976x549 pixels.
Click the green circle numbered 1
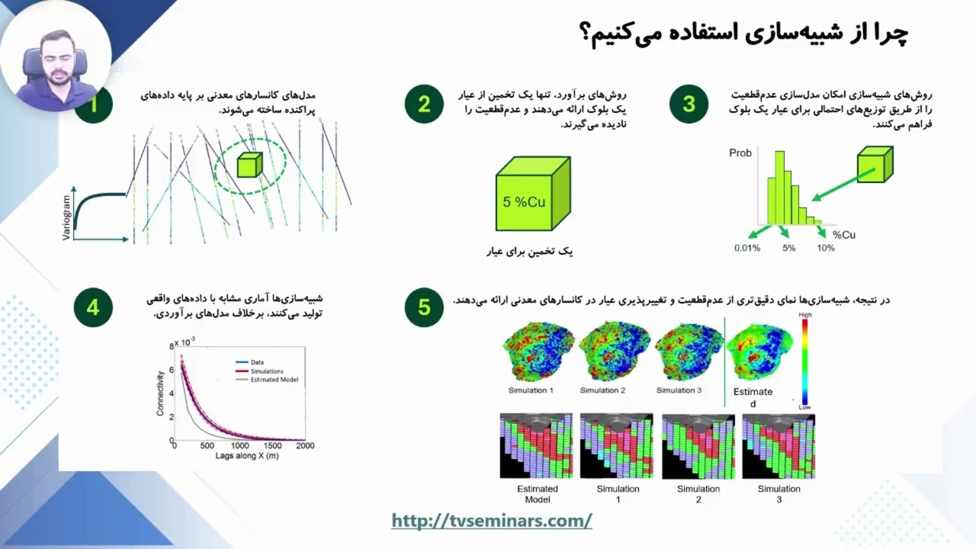point(94,104)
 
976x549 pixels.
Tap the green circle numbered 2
point(424,104)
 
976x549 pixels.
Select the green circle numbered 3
point(689,104)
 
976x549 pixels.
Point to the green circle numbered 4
point(93,307)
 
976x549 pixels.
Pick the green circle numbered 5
point(424,307)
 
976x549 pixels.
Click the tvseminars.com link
point(492,521)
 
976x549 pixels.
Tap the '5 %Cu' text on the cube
point(524,202)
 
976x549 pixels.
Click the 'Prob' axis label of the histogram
point(740,153)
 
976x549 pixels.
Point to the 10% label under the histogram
point(826,248)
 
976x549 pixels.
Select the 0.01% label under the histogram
point(747,248)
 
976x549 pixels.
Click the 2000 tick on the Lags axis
point(305,445)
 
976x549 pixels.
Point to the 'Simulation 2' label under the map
point(602,390)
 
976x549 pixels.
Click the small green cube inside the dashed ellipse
point(249,165)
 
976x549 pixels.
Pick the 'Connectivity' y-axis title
point(161,393)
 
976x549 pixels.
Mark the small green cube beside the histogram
point(875,165)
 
